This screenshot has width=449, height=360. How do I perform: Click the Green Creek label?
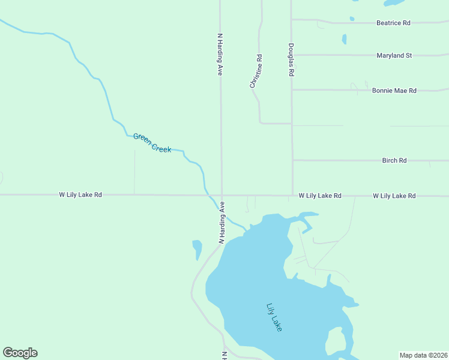(x=152, y=143)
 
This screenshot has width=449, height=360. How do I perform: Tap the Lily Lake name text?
(x=274, y=317)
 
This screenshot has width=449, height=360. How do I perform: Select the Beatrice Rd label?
(x=393, y=23)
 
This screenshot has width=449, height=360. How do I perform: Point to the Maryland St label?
(x=394, y=56)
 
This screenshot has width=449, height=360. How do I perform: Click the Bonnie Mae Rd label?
(x=394, y=91)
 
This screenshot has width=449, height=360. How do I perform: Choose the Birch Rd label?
(x=394, y=161)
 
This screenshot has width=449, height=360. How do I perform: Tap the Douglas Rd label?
(x=291, y=59)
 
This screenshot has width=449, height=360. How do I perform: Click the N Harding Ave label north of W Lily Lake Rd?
(x=220, y=54)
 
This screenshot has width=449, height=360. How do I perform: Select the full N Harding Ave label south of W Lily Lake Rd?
(x=221, y=222)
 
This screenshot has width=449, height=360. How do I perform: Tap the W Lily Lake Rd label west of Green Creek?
(x=80, y=195)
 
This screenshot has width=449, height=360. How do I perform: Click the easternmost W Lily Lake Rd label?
(x=394, y=196)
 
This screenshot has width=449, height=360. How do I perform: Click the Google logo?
(x=20, y=353)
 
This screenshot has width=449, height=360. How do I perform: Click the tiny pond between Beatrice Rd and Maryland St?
(x=344, y=39)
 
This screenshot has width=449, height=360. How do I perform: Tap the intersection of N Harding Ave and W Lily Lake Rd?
(x=221, y=195)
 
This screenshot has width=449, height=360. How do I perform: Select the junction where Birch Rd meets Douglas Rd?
(x=293, y=161)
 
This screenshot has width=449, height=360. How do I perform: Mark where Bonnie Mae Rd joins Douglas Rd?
(x=292, y=90)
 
